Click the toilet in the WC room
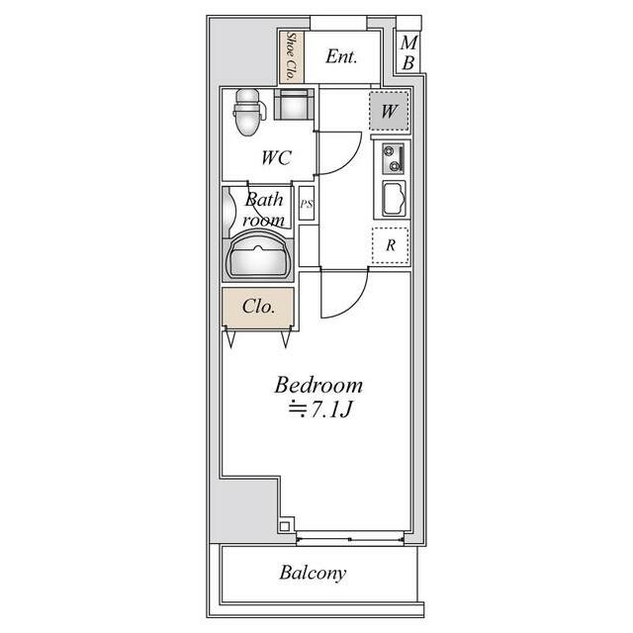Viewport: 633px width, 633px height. (x=248, y=112)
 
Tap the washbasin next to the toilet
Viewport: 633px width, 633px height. (x=294, y=104)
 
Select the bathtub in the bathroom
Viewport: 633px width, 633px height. (x=258, y=255)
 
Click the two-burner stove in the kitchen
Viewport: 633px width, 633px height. (x=394, y=158)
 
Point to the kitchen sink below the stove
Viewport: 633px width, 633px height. (x=394, y=198)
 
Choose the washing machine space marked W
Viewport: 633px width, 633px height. (x=389, y=111)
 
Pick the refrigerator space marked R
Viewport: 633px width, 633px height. (x=391, y=245)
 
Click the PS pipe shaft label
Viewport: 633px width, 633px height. (x=307, y=204)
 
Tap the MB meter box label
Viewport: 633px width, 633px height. (x=408, y=52)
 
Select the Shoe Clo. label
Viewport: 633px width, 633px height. (x=291, y=56)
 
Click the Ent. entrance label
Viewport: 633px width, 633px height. (x=341, y=56)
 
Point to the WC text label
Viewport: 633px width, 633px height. (x=277, y=157)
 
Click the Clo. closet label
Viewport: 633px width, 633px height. (x=259, y=307)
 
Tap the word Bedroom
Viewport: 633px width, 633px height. (x=318, y=385)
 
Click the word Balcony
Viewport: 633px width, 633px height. (x=313, y=573)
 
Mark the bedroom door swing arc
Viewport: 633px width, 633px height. (x=354, y=306)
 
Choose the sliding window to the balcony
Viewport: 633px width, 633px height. (x=349, y=539)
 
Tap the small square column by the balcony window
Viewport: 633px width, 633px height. (x=284, y=526)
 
